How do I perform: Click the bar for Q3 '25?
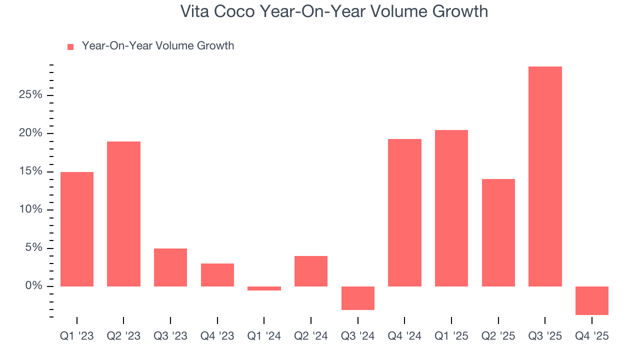(545, 176)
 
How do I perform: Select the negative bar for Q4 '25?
(592, 300)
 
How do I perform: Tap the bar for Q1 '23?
(77, 229)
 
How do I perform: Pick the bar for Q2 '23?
(123, 214)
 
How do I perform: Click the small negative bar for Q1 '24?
(264, 288)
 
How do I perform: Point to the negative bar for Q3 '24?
(358, 298)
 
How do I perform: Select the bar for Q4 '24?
(404, 212)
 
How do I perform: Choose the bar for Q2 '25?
(498, 232)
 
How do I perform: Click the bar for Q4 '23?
(217, 275)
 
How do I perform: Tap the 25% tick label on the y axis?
(30, 95)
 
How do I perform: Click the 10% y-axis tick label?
(30, 209)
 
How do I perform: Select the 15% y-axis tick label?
(30, 171)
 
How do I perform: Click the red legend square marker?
(70, 46)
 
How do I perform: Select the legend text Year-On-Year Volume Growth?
(157, 46)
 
